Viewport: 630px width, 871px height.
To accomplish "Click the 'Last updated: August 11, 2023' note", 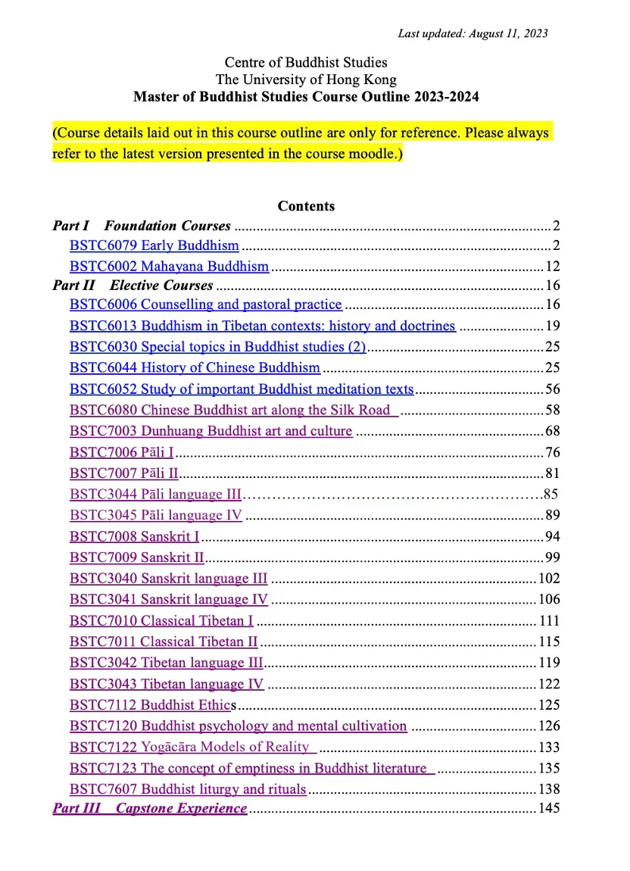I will [472, 33].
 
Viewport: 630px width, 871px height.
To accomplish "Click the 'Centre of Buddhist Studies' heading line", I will [306, 63].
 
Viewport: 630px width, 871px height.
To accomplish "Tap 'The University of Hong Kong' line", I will [306, 80].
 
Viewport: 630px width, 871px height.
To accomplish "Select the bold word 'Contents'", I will [306, 206].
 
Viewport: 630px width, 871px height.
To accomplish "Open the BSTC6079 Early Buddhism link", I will [154, 246].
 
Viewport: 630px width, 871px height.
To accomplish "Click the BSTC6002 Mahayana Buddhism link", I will [169, 267].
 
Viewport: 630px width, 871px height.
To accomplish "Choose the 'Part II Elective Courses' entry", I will [133, 286].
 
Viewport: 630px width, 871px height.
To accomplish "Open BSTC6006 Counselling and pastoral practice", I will [205, 305].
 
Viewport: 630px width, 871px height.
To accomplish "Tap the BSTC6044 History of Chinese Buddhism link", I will [195, 368].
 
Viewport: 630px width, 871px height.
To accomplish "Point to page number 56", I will [552, 389].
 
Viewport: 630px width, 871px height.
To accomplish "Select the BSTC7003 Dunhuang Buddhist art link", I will [211, 432].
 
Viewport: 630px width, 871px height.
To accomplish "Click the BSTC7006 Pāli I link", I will [121, 453].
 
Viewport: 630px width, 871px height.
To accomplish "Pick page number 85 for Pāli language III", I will [550, 495].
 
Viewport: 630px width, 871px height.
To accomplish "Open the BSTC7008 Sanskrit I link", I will [134, 537].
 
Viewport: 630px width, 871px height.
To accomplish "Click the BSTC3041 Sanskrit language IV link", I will [168, 600].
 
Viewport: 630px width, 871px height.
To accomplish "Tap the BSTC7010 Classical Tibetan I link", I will [161, 621].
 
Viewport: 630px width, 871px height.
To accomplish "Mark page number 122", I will [549, 685].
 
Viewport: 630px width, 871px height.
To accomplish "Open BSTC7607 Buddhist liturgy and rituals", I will [187, 790].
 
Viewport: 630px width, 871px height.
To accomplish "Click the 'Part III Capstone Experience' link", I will [149, 808].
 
